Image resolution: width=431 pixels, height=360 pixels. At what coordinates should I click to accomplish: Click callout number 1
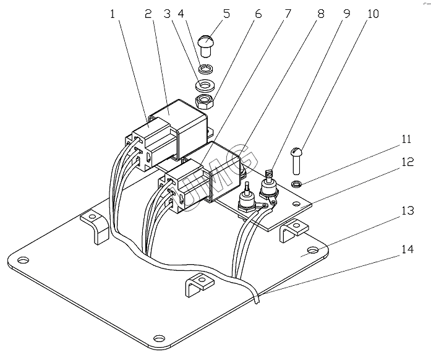[x=112, y=14]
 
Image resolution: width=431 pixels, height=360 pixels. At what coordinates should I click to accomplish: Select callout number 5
[x=226, y=14]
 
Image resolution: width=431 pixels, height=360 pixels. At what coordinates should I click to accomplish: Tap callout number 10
[x=373, y=14]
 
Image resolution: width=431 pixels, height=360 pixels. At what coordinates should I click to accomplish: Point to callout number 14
[x=408, y=249]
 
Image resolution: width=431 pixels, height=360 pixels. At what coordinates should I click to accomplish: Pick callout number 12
[x=408, y=161]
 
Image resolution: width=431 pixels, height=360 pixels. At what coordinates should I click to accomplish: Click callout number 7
[x=288, y=14]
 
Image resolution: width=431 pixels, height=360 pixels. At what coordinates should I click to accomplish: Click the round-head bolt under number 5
[x=205, y=46]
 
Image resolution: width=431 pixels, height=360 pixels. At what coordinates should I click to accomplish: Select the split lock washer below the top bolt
[x=205, y=68]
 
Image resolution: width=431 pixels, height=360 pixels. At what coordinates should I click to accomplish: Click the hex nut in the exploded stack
[x=205, y=102]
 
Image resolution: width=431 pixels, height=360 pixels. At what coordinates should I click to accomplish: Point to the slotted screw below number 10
[x=296, y=161]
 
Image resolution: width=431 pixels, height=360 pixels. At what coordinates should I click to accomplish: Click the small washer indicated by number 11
[x=296, y=184]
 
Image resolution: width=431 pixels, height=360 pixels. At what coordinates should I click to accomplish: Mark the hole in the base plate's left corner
[x=23, y=260]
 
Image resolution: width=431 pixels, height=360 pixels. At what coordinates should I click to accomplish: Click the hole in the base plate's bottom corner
[x=159, y=338]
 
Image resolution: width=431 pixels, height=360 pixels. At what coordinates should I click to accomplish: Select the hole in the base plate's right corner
[x=312, y=250]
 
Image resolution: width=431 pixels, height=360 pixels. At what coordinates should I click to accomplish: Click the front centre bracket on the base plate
[x=199, y=285]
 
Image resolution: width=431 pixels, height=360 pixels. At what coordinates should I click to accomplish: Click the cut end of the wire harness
[x=258, y=302]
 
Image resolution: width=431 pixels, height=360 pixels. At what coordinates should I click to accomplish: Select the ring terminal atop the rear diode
[x=268, y=173]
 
